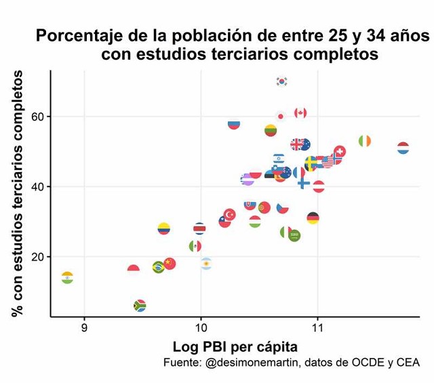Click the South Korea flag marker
[x=282, y=81]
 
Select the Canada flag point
[x=300, y=113]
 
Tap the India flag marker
[x=67, y=278]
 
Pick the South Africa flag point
[x=140, y=306]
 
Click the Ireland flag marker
[x=365, y=141]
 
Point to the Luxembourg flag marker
[x=403, y=148]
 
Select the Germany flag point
[x=313, y=218]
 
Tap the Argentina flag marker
[x=206, y=263]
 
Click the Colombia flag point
[x=163, y=228]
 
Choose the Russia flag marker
[x=234, y=124]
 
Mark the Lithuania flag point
[x=271, y=130]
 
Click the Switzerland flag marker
[x=340, y=151]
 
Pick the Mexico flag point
[x=195, y=246]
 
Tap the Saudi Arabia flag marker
[x=294, y=236]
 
